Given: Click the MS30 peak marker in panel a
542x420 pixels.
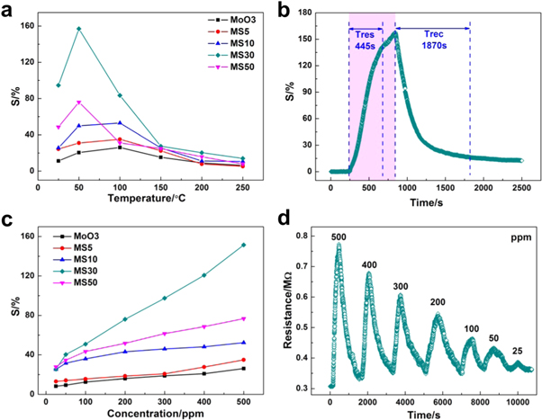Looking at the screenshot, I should pyautogui.click(x=79, y=29).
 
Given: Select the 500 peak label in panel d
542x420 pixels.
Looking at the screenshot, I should pyautogui.click(x=339, y=237).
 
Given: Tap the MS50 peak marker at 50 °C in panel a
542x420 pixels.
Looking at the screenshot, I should pyautogui.click(x=79, y=103).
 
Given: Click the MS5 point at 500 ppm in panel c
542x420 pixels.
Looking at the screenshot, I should pyautogui.click(x=243, y=360).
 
